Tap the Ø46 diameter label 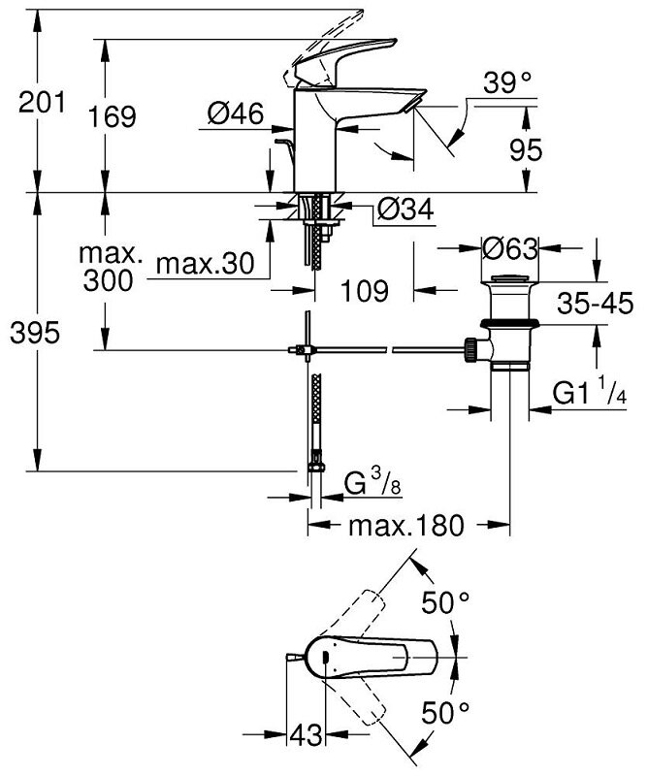coord(235,114)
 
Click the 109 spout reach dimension coord(365,290)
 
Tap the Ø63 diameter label coord(509,248)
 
